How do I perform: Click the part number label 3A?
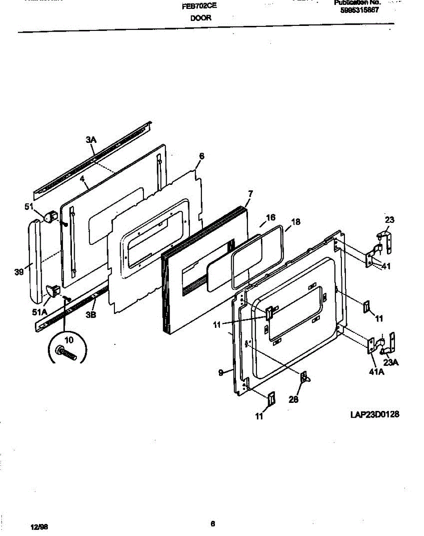tap(91, 140)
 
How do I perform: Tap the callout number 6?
tap(202, 156)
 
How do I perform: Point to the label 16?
tap(271, 218)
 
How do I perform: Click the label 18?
tap(296, 221)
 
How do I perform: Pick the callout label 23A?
tap(390, 363)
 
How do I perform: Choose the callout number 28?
tap(294, 399)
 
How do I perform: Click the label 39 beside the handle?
tap(19, 272)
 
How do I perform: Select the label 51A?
tap(40, 313)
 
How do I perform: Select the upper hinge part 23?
tap(382, 239)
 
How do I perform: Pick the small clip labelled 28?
tap(305, 377)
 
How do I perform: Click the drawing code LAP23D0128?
tap(374, 415)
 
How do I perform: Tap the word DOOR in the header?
tap(201, 18)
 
